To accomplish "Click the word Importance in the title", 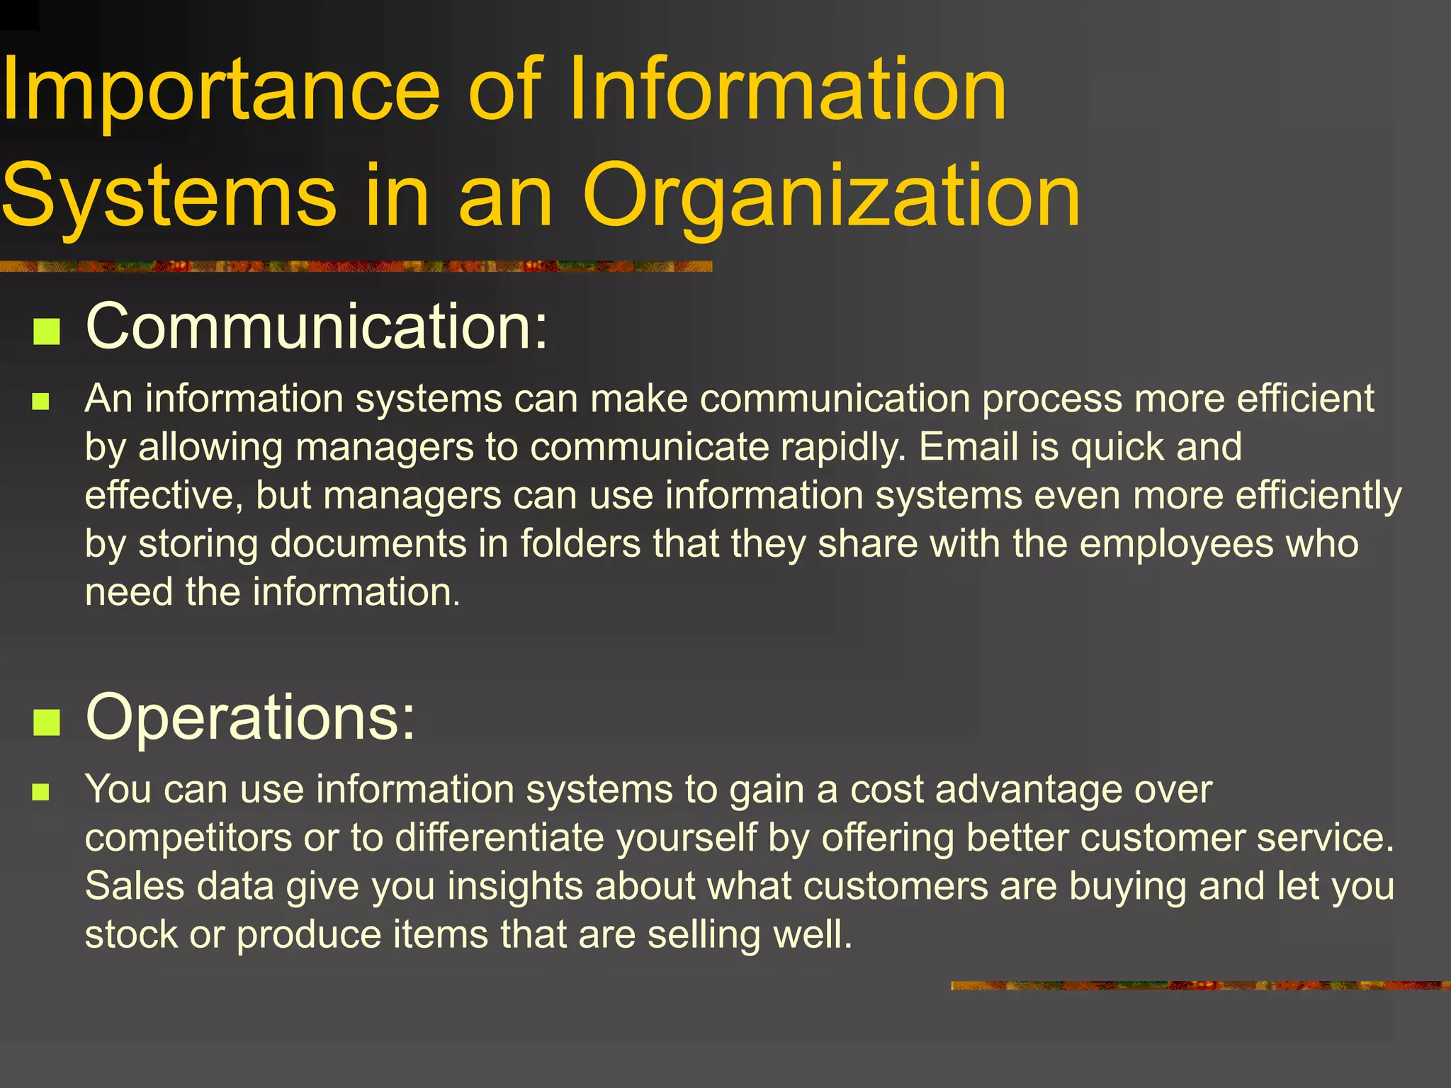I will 220,92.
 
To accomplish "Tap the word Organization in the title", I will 831,196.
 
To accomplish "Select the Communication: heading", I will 317,327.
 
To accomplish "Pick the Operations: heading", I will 250,718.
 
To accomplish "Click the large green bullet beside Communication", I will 47,331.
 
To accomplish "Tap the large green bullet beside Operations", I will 47,722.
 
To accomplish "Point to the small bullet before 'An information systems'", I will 40,402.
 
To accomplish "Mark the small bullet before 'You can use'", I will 40,792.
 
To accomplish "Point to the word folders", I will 580,544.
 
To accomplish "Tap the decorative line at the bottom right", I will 1200,985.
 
